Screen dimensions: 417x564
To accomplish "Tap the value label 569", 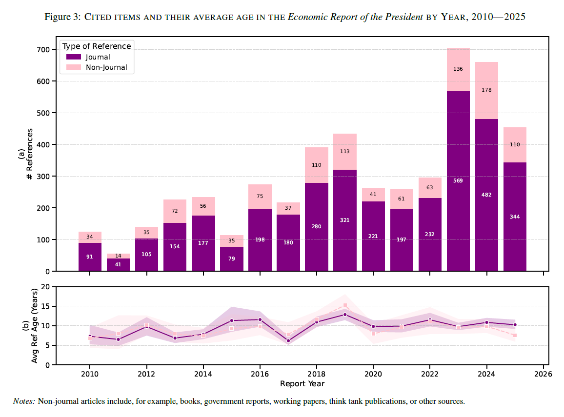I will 458,181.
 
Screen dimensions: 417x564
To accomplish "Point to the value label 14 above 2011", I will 118,256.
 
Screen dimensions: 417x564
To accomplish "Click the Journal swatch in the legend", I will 73,57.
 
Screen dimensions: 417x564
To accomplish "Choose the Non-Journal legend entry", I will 106,67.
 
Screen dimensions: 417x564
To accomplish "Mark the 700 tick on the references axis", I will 42,50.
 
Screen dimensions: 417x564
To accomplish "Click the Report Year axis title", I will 302,384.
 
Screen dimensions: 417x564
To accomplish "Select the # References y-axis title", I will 30,154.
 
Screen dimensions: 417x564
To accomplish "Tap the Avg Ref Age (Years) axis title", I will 35,326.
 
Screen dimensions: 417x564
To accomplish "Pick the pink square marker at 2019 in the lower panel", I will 345,305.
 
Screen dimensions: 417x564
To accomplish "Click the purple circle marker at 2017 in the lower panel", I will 288,341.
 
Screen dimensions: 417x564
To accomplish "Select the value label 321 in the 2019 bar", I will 345,220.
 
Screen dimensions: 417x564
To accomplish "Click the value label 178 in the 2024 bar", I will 486,90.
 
